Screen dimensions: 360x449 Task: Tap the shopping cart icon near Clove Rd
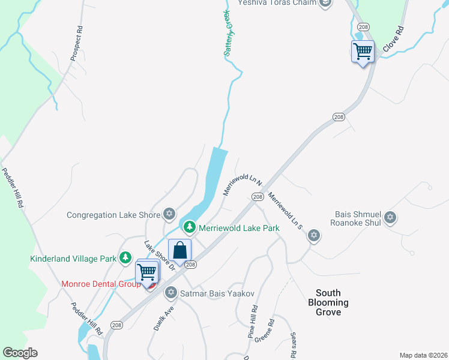click(x=363, y=52)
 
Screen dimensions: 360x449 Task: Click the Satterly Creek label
click(x=228, y=33)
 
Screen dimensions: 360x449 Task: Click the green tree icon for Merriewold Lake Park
click(x=190, y=227)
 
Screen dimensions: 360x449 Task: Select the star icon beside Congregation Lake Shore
click(x=169, y=214)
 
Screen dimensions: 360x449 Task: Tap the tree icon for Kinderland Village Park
click(x=125, y=258)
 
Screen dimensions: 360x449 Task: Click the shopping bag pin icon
click(x=179, y=251)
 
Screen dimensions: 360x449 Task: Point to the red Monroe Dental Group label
click(x=100, y=284)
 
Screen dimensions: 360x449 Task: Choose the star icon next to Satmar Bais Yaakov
click(x=170, y=292)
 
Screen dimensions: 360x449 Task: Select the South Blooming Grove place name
click(x=328, y=302)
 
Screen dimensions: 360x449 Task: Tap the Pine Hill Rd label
click(x=253, y=323)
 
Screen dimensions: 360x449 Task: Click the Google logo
click(x=20, y=353)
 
